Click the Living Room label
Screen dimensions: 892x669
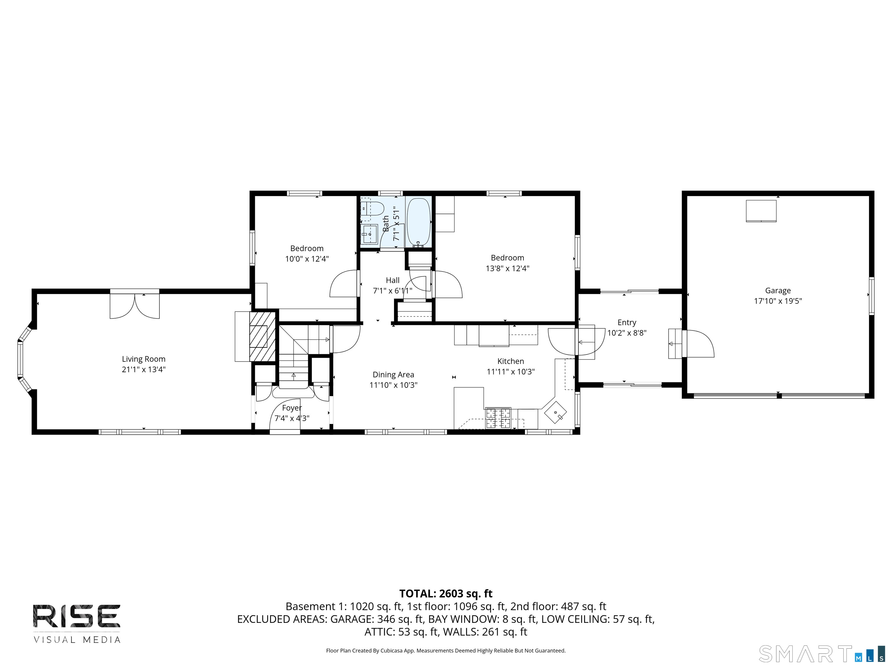(143, 359)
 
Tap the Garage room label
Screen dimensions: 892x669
(778, 290)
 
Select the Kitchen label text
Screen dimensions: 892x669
(510, 361)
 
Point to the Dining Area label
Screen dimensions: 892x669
(393, 375)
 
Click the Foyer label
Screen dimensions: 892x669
(292, 408)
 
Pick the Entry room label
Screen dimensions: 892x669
(627, 323)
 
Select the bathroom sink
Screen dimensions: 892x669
(369, 234)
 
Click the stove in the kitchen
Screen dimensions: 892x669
(498, 418)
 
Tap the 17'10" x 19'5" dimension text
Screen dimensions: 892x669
(778, 301)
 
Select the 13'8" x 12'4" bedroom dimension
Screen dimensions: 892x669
(507, 268)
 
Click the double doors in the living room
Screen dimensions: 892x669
(135, 305)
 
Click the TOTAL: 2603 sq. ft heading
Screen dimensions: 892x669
(446, 594)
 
